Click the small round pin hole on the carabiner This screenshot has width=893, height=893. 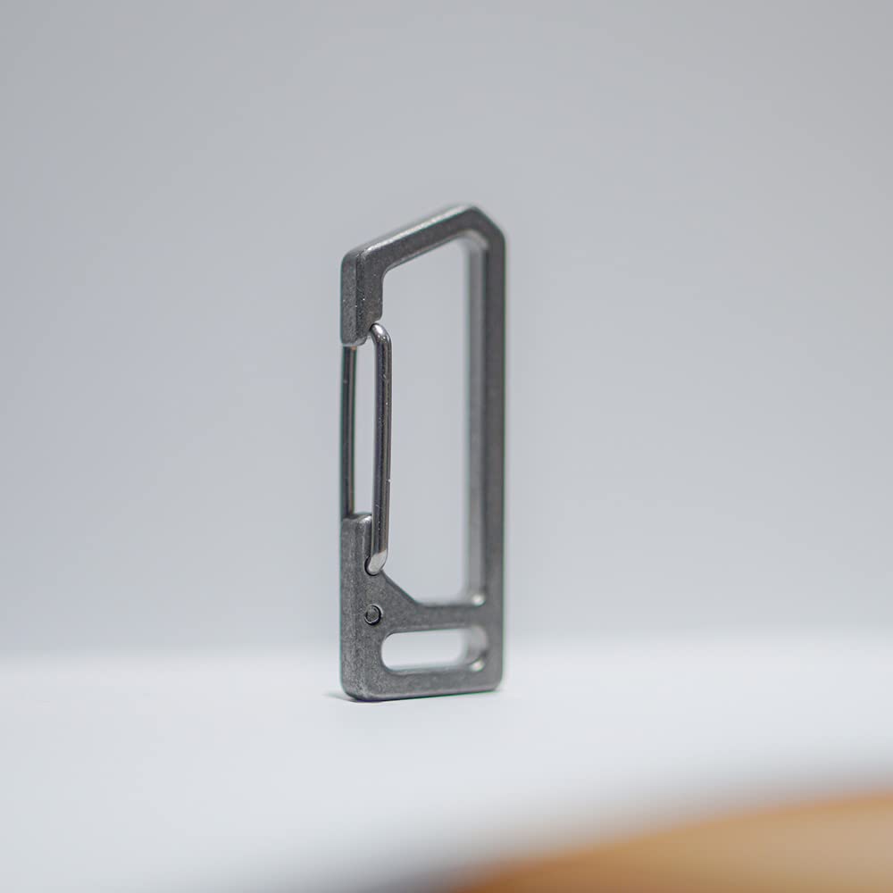click(372, 613)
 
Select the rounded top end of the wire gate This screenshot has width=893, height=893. click(380, 333)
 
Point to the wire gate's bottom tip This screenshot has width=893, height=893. click(376, 563)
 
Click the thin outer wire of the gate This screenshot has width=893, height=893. click(348, 429)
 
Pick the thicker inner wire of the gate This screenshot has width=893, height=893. click(382, 446)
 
